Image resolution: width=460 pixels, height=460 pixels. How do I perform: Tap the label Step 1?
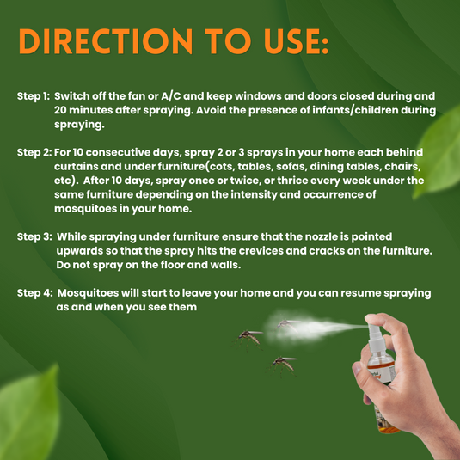click(x=33, y=96)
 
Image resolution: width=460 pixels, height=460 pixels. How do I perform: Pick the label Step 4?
click(x=34, y=293)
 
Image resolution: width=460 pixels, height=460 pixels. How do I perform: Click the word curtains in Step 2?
click(x=83, y=166)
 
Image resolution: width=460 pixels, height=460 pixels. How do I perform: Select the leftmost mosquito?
click(x=248, y=336)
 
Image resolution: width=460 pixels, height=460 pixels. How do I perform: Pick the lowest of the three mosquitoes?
click(x=282, y=364)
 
